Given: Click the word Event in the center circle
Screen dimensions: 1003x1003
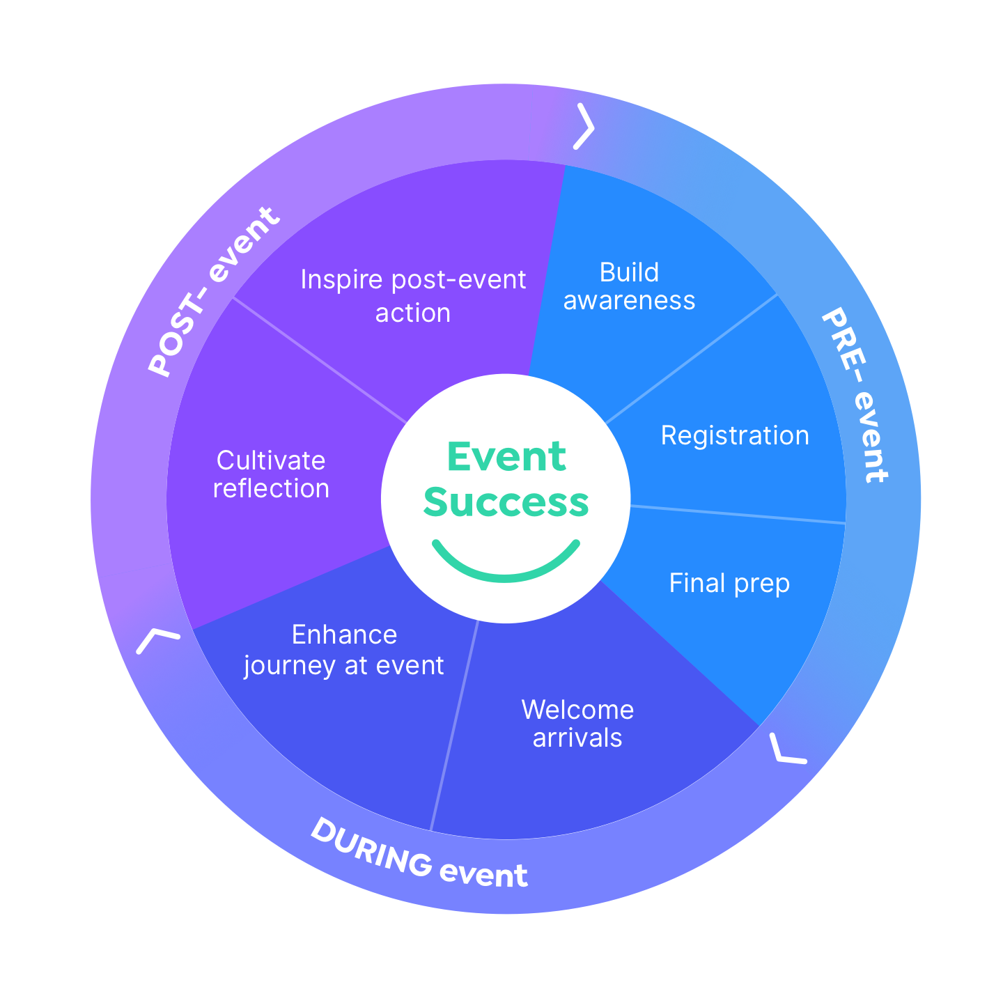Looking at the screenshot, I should click(x=506, y=457).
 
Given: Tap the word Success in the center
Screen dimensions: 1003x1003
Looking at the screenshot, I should click(x=506, y=502).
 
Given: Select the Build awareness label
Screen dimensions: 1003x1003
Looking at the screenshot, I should click(x=629, y=286).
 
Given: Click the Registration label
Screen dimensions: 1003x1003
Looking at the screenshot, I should click(x=735, y=436).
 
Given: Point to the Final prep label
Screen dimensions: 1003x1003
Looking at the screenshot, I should click(x=729, y=583).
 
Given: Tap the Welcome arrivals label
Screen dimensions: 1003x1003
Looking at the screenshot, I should click(x=577, y=724).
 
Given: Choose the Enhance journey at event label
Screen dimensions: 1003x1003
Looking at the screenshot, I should click(x=344, y=650).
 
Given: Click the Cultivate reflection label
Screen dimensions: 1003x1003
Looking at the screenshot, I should click(x=271, y=474).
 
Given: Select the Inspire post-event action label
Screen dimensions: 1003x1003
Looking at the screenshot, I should click(x=413, y=296).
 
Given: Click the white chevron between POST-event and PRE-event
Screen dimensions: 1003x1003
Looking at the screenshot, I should click(x=585, y=127).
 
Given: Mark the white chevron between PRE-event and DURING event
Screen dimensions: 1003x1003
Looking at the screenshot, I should click(x=786, y=751).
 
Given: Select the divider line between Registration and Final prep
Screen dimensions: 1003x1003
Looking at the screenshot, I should click(x=738, y=514).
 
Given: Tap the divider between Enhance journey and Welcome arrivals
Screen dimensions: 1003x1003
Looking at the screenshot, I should click(x=455, y=724).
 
